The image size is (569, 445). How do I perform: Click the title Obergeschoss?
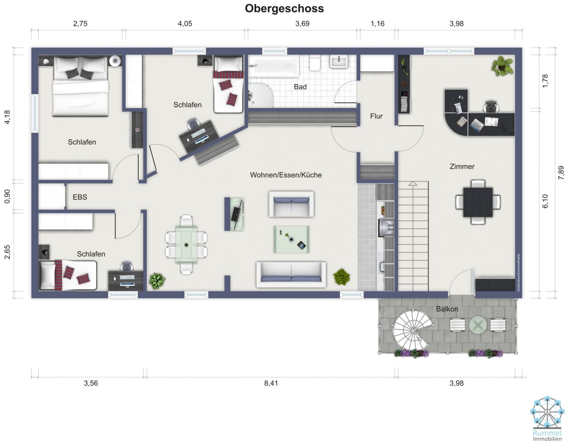click(284, 8)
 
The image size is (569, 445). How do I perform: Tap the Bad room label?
click(300, 87)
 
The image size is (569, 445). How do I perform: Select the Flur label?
click(376, 116)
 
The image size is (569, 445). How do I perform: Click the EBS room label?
click(80, 197)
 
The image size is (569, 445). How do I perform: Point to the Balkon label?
click(447, 309)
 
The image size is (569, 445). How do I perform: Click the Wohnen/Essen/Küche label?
click(285, 175)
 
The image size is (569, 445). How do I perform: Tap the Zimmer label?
click(462, 167)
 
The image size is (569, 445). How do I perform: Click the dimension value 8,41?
click(271, 383)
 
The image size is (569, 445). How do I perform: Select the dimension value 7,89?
click(561, 172)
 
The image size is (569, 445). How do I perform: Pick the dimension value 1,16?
click(377, 24)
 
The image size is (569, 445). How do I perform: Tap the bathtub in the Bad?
click(273, 66)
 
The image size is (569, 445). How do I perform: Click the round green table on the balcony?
click(478, 325)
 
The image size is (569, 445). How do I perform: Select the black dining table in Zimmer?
click(478, 202)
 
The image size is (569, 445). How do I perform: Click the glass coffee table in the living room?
click(291, 240)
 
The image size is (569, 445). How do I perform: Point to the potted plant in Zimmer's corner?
click(502, 66)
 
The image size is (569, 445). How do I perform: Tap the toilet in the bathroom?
click(315, 63)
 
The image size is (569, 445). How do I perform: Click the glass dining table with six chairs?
click(186, 244)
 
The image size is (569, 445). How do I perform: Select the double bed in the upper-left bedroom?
click(80, 87)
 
